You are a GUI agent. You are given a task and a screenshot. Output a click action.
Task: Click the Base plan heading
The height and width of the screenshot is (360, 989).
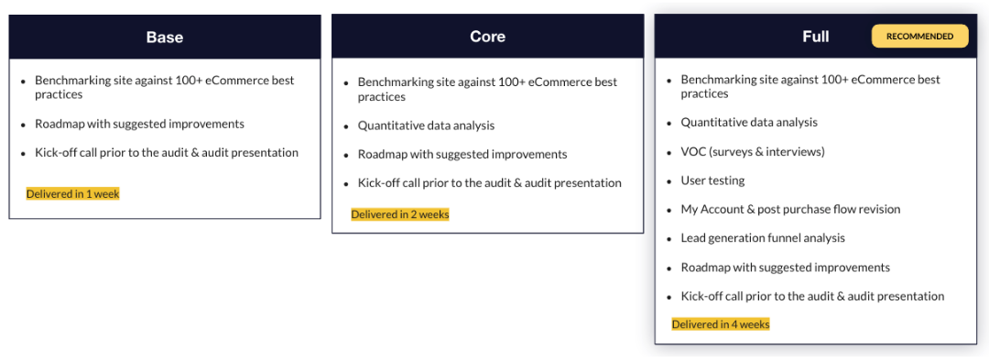(x=165, y=38)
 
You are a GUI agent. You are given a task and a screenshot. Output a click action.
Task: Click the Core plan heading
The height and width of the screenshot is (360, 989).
(x=487, y=37)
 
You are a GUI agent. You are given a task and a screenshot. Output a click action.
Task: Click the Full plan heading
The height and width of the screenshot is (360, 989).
(x=815, y=37)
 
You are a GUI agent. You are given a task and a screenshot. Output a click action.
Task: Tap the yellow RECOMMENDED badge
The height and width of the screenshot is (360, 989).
(x=919, y=37)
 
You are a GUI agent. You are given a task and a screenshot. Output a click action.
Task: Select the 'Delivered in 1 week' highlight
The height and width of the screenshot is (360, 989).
(x=73, y=194)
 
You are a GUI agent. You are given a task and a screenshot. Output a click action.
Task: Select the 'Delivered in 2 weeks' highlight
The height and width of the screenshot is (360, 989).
(x=400, y=214)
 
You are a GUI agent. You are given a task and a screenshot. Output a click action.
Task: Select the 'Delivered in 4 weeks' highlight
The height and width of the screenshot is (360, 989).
(x=721, y=324)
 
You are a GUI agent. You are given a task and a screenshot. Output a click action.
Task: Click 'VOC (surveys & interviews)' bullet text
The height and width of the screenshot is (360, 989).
(x=753, y=151)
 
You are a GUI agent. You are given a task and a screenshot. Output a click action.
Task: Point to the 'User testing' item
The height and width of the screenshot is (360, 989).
(x=712, y=180)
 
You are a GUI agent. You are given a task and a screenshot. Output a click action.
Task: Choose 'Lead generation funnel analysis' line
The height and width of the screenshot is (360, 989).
(x=763, y=238)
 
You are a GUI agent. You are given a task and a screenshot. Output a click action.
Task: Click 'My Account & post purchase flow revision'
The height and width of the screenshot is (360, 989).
(x=790, y=209)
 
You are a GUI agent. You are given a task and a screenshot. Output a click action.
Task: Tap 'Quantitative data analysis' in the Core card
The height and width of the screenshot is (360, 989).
(x=426, y=125)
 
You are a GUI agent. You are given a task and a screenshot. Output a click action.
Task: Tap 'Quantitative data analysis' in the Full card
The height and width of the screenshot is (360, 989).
(x=749, y=123)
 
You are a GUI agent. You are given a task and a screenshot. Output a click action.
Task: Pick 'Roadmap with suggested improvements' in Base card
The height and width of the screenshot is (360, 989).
(x=139, y=124)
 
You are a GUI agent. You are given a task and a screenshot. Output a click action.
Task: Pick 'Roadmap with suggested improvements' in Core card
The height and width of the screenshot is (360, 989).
(x=462, y=154)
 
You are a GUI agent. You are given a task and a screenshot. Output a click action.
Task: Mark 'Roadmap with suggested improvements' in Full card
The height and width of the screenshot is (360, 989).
(x=785, y=267)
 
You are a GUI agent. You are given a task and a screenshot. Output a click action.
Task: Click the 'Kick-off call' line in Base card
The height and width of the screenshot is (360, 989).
(x=167, y=153)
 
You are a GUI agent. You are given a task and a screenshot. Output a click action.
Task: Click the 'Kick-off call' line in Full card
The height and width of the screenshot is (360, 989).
(x=812, y=296)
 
